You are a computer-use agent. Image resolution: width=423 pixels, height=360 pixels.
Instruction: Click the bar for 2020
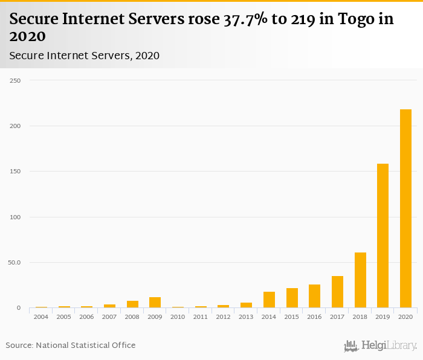(405, 208)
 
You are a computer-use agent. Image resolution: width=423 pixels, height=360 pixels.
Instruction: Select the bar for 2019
(383, 236)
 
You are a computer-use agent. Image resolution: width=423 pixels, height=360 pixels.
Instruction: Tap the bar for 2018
(360, 280)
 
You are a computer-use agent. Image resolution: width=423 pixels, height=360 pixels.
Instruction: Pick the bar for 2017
(337, 292)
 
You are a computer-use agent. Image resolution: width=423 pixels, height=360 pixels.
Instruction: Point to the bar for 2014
(269, 300)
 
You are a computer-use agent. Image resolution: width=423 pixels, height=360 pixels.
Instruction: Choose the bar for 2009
(155, 303)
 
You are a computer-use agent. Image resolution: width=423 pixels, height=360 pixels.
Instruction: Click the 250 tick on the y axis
(15, 80)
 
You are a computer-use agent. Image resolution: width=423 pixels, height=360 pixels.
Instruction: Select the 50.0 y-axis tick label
(14, 263)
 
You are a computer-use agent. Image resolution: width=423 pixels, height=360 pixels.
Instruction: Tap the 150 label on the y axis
(15, 172)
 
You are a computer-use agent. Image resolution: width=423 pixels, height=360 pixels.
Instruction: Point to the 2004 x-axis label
(40, 317)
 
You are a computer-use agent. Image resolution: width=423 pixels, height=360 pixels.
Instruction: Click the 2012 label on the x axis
(223, 317)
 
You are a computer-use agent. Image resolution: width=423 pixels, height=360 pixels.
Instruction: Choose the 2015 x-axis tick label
(291, 317)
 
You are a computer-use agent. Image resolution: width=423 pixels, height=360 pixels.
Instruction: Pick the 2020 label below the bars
(405, 317)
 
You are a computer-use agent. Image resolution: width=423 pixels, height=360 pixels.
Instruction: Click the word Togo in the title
(356, 19)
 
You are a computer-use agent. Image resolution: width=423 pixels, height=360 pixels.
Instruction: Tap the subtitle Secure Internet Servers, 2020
(85, 56)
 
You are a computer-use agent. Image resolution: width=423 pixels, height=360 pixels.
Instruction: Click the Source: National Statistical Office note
(71, 346)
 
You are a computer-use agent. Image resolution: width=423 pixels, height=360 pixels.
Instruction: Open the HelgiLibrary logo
(381, 346)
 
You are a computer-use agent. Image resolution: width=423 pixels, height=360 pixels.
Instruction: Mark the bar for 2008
(132, 304)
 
